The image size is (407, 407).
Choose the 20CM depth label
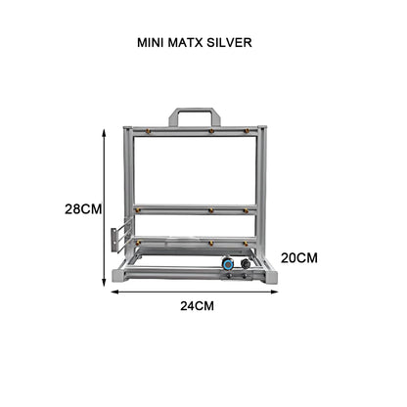click(x=299, y=257)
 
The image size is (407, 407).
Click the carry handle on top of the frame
click(x=194, y=115)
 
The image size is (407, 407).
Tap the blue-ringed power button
click(x=227, y=263)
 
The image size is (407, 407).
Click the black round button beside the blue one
click(x=244, y=263)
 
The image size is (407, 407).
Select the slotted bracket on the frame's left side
click(x=117, y=238)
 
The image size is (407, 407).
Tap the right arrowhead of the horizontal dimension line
click(x=276, y=291)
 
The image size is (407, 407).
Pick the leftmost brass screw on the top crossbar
click(x=149, y=130)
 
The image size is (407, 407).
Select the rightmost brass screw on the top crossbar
click(x=246, y=130)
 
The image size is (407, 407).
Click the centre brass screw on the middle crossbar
click(x=209, y=209)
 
